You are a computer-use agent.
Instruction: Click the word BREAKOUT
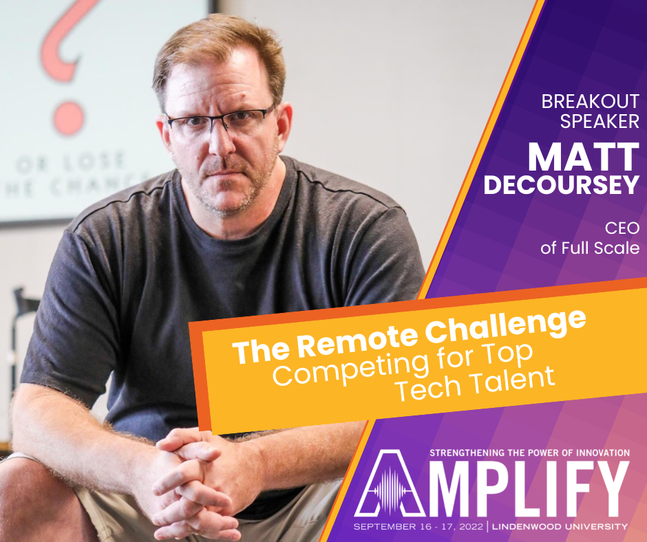(x=590, y=102)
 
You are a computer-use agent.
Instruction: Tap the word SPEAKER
(x=600, y=121)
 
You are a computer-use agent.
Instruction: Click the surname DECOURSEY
(x=562, y=184)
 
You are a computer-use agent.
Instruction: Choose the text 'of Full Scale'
(x=590, y=248)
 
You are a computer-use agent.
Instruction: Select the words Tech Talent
(x=474, y=383)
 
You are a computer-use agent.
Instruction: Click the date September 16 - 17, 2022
(x=418, y=527)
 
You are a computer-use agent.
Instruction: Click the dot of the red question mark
(x=68, y=118)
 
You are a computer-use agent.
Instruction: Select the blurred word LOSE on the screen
(x=94, y=160)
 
